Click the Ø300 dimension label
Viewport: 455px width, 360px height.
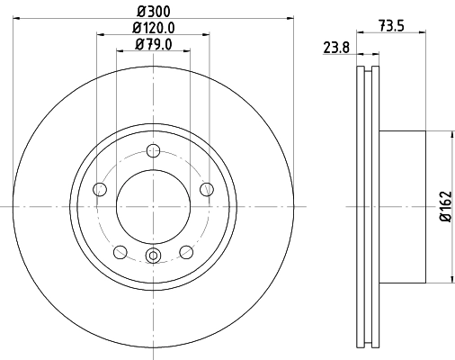154,11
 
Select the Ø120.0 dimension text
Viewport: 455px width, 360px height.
154,28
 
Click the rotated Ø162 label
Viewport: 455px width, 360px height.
443,207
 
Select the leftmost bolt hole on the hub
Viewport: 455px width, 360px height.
100,189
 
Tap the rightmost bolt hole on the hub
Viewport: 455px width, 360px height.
206,189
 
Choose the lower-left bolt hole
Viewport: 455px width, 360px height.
120,251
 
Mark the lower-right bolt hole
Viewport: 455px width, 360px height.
185,251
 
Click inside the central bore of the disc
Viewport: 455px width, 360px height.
153,206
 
